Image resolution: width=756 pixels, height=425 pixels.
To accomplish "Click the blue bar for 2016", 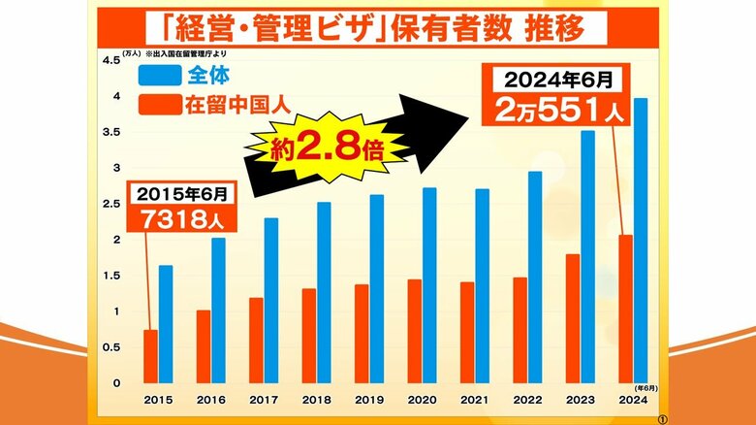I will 218,309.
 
